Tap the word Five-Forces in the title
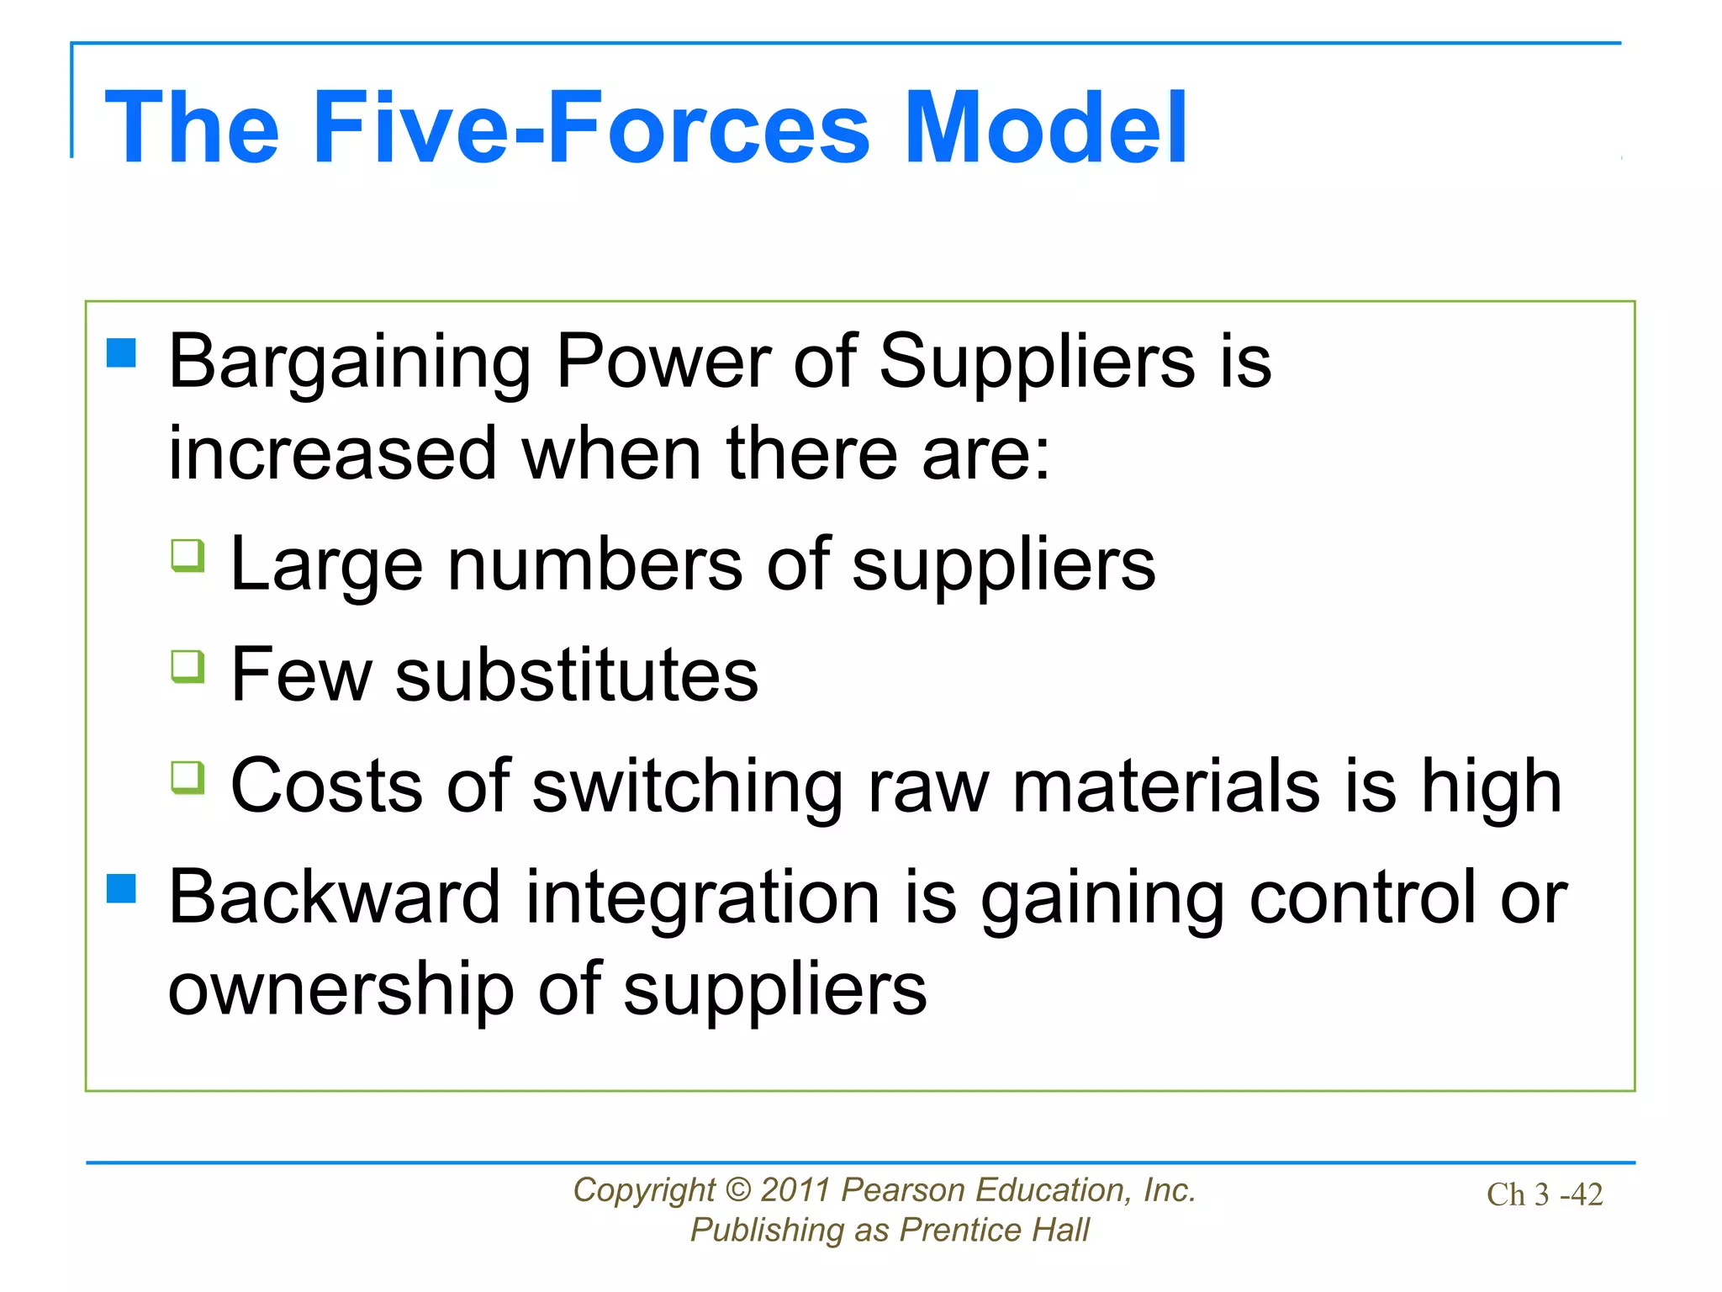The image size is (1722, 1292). [591, 128]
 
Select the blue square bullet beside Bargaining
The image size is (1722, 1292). [122, 353]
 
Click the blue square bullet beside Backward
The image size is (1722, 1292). [122, 888]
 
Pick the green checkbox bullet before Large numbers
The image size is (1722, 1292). [188, 555]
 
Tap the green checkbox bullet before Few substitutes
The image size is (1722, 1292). [188, 666]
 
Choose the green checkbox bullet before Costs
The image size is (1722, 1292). [188, 777]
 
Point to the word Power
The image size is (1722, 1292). [663, 362]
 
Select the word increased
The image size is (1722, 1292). [333, 454]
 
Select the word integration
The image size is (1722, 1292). [702, 898]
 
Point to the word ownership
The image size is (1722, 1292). [341, 991]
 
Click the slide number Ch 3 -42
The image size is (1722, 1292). [1545, 1194]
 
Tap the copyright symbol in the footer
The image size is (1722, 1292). [737, 1190]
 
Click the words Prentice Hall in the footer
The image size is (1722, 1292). [994, 1231]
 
